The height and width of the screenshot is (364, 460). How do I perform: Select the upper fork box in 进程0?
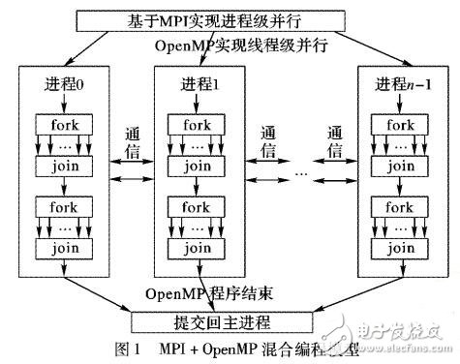(x=66, y=124)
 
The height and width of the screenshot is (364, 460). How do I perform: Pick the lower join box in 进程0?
(x=66, y=247)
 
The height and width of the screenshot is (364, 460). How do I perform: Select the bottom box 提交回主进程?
(x=230, y=320)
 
